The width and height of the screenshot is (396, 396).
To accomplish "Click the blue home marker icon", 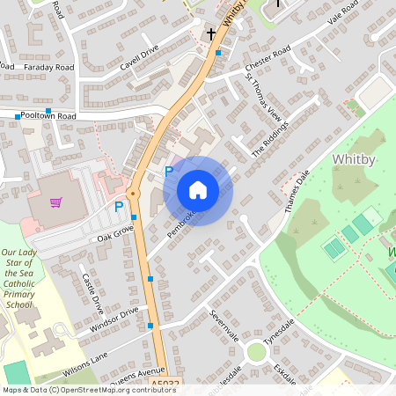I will point(198,190).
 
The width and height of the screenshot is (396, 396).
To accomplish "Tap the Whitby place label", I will point(356,158).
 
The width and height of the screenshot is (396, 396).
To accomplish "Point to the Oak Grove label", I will point(115,233).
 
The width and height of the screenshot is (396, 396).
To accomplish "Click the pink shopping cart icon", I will point(56,202).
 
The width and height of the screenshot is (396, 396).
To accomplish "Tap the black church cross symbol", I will point(211,34).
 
